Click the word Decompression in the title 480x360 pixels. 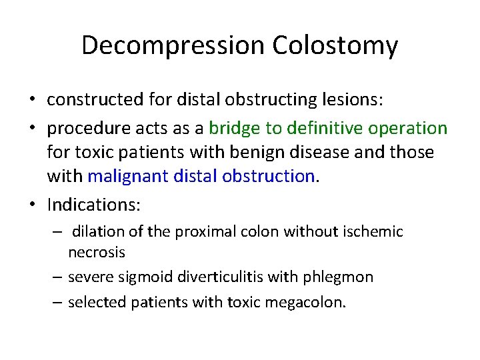click(x=173, y=46)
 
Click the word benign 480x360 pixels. click(x=251, y=152)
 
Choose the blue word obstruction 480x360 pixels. click(x=273, y=176)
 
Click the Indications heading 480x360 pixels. click(x=93, y=204)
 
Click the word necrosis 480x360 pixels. click(x=97, y=253)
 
